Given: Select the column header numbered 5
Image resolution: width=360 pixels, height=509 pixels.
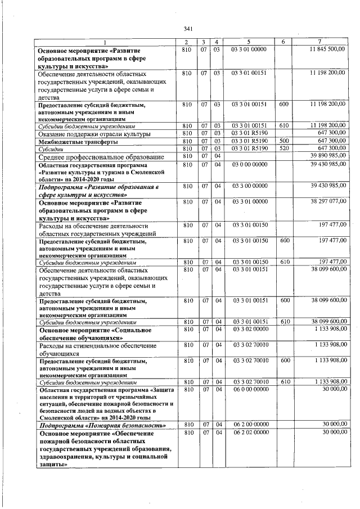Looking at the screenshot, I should click(248, 43).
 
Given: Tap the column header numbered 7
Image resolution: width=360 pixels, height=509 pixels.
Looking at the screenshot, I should click(319, 43).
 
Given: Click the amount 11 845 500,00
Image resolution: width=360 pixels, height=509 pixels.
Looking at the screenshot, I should click(327, 50).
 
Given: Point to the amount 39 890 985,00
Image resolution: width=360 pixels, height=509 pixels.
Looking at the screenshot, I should click(327, 155).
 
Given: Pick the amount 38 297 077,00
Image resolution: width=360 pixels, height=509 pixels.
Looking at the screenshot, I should click(327, 201).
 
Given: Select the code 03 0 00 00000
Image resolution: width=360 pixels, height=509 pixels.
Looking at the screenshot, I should click(248, 164).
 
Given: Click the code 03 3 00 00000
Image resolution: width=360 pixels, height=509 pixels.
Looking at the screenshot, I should click(248, 186).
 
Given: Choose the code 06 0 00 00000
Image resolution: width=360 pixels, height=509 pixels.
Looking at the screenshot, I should click(248, 389).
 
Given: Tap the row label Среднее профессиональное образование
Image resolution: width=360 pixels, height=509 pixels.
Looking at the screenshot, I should click(101, 156).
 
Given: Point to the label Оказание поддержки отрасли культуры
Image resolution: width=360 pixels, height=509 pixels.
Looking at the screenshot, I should click(94, 134).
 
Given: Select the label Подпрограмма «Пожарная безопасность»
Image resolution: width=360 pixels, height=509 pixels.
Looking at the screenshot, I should click(98, 426).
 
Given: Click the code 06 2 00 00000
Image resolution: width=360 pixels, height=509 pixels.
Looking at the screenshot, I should click(248, 425).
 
